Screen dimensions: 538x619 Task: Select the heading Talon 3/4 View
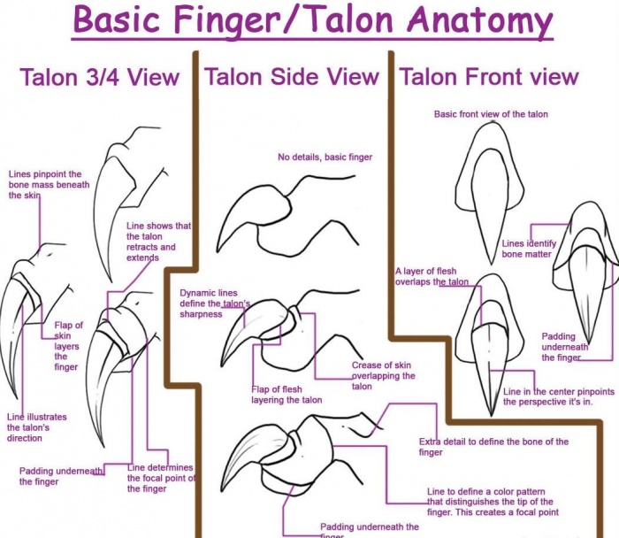click(x=99, y=77)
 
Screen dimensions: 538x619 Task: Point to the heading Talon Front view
click(x=488, y=77)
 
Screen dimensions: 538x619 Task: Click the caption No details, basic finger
click(x=325, y=158)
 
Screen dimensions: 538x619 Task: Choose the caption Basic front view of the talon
click(x=491, y=114)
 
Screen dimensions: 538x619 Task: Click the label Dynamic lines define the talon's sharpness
click(x=214, y=304)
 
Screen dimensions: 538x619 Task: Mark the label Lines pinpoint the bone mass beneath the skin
click(x=44, y=185)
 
